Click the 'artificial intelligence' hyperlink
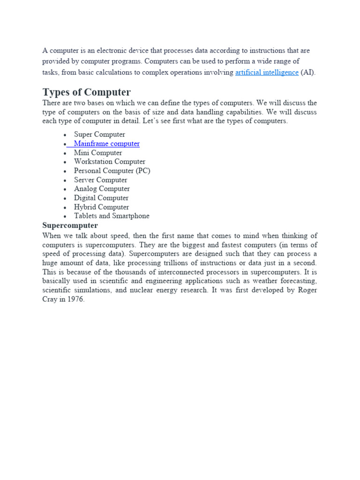pos(267,72)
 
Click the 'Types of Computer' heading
pos(87,92)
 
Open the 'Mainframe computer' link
pos(106,144)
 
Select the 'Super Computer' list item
pos(99,135)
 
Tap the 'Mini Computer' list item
pos(97,153)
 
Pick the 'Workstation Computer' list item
pos(109,162)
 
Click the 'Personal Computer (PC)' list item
pos(112,171)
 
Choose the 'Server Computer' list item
pos(100,180)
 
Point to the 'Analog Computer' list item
pos(102,189)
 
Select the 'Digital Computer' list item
pos(101,198)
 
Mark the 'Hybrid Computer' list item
pos(101,207)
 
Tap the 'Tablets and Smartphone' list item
pos(112,216)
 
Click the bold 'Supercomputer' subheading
pos(70,225)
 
